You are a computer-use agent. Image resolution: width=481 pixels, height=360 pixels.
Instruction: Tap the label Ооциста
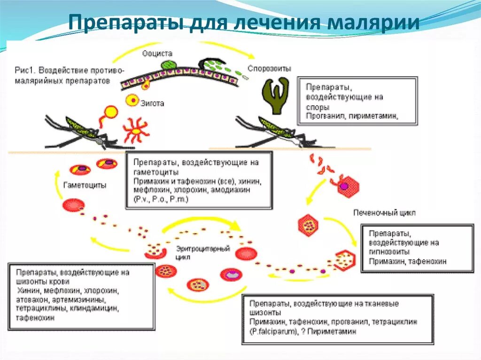click(157, 54)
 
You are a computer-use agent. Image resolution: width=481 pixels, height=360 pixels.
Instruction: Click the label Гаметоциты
click(85, 185)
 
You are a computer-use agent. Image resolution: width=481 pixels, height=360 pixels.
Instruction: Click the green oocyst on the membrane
click(166, 65)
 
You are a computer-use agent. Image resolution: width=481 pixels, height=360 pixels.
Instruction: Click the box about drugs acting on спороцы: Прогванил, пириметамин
click(357, 101)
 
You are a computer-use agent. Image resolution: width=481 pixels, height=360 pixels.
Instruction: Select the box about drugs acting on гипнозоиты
click(417, 248)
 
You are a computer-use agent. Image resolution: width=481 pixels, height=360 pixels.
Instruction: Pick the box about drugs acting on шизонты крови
click(82, 295)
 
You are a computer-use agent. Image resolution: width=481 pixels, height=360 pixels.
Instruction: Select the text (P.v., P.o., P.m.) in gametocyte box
click(161, 199)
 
